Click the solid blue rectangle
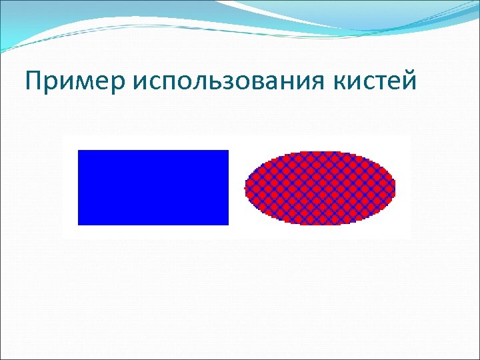click(153, 187)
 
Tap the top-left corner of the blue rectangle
click(79, 151)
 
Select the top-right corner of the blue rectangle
click(228, 151)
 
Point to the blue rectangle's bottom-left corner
click(79, 224)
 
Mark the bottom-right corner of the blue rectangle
click(228, 224)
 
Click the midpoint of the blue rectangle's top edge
click(153, 151)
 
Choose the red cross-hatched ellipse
click(321, 188)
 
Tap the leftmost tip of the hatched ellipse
click(246, 188)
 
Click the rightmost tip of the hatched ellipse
click(395, 188)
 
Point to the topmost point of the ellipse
click(321, 152)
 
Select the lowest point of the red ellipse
click(321, 224)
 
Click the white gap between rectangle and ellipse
click(237, 188)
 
